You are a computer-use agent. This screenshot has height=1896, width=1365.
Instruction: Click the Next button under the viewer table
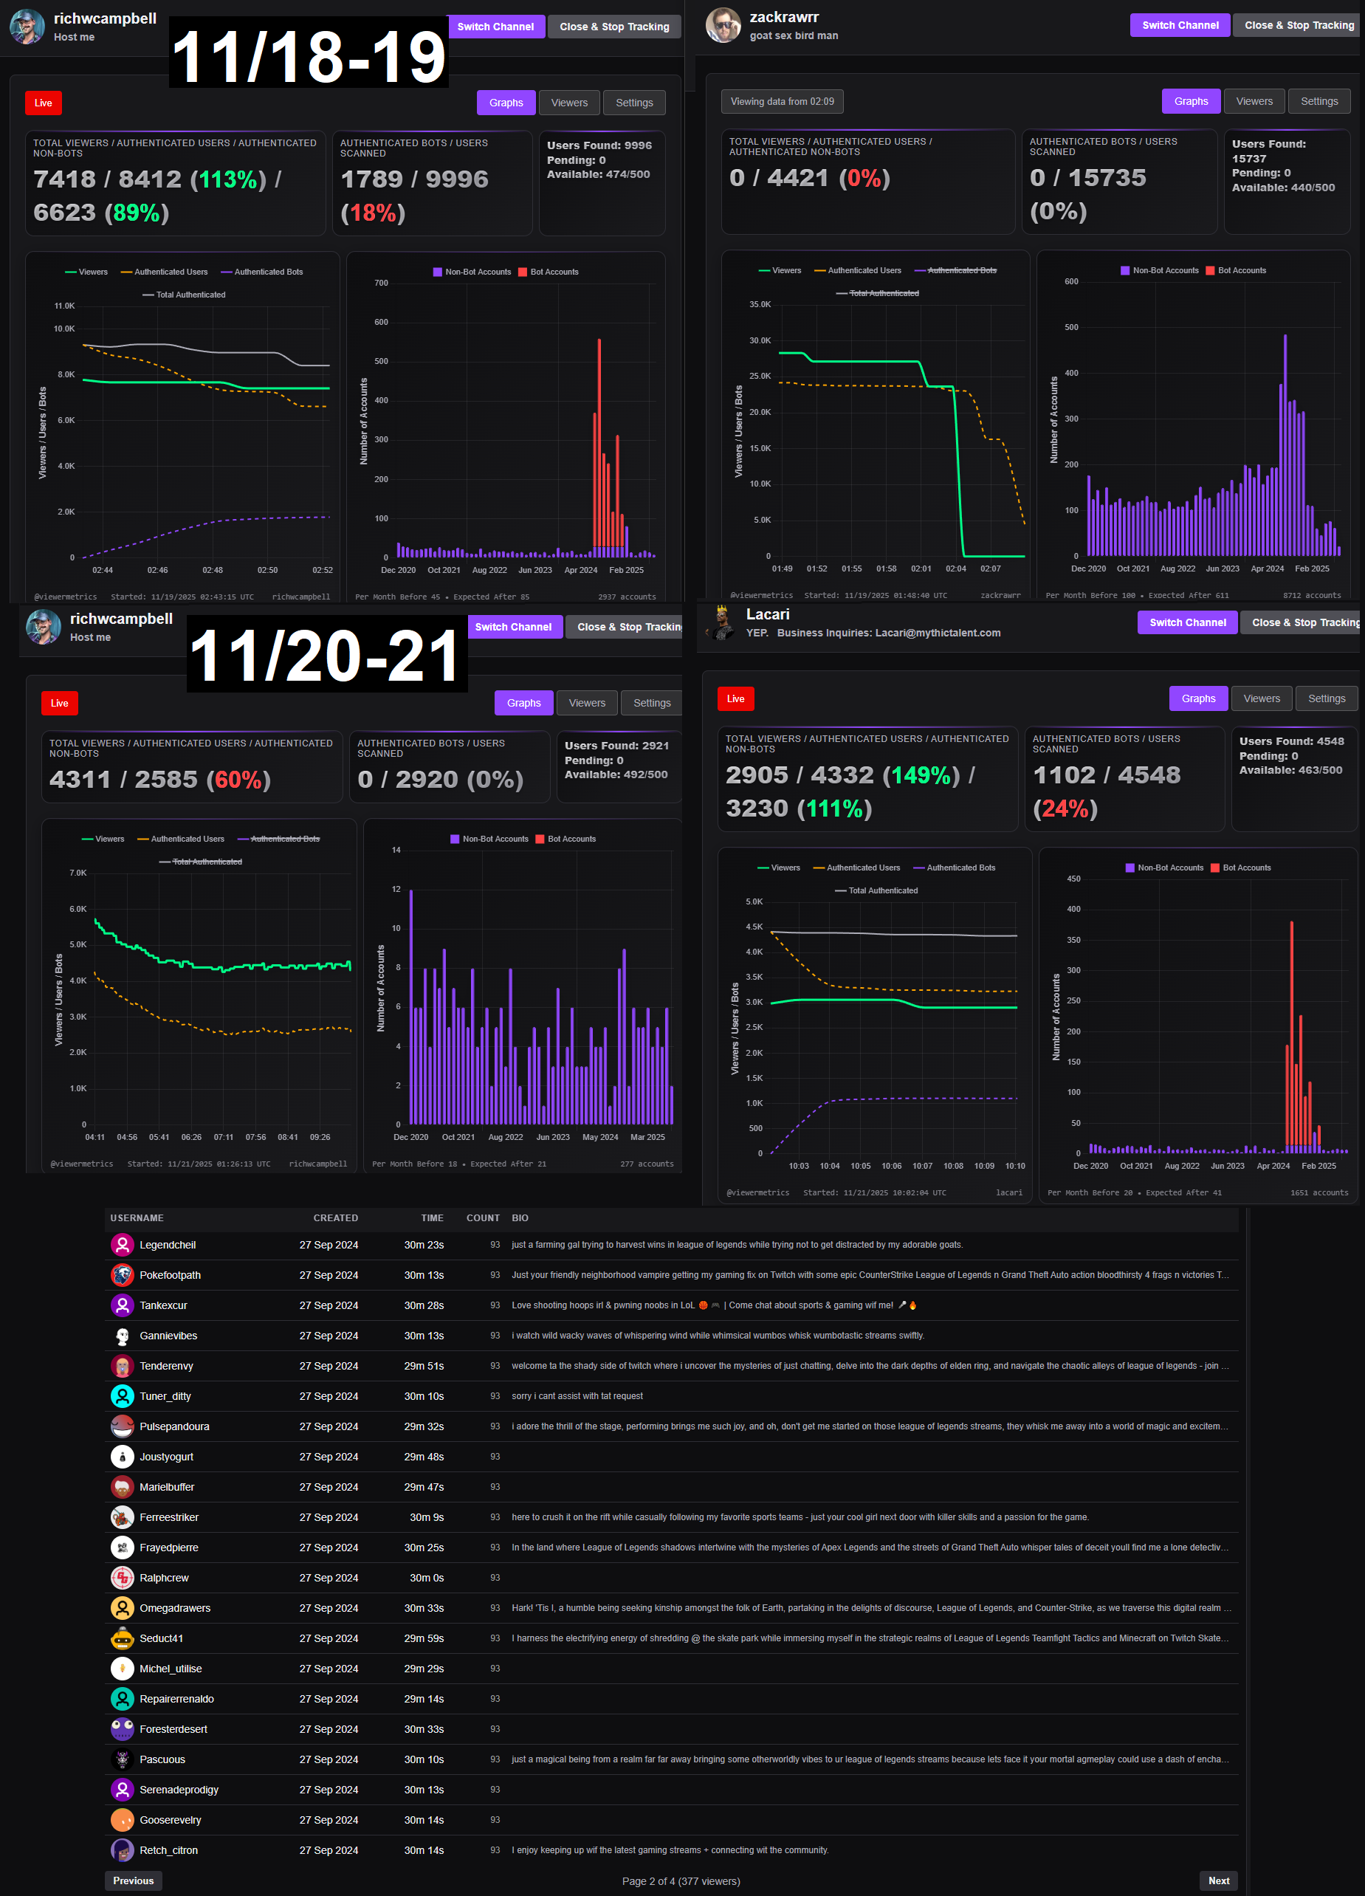1218,1880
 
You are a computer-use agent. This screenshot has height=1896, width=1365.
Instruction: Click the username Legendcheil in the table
167,1245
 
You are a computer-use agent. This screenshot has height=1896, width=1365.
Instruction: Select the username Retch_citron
168,1850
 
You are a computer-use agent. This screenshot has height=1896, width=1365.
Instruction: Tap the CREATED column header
335,1218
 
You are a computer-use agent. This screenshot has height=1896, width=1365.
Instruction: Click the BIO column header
520,1218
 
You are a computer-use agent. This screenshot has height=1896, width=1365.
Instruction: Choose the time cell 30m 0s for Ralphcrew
426,1578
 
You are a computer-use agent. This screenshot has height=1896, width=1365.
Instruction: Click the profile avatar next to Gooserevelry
122,1820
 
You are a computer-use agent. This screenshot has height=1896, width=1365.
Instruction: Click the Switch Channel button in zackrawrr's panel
1180,25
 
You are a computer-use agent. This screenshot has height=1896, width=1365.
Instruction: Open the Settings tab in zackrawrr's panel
1318,101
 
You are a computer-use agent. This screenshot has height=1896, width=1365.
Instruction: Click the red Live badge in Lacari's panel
735,699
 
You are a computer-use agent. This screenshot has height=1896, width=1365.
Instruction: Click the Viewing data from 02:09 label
782,101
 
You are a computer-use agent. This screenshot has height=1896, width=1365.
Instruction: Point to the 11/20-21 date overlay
326,655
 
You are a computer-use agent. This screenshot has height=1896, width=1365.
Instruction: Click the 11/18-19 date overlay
309,55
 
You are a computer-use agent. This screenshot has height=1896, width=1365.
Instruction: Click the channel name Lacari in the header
767,614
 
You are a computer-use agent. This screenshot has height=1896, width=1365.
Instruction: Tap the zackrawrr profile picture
722,25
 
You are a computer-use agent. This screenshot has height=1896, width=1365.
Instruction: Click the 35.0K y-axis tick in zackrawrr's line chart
760,304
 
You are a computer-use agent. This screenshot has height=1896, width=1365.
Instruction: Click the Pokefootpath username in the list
170,1275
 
